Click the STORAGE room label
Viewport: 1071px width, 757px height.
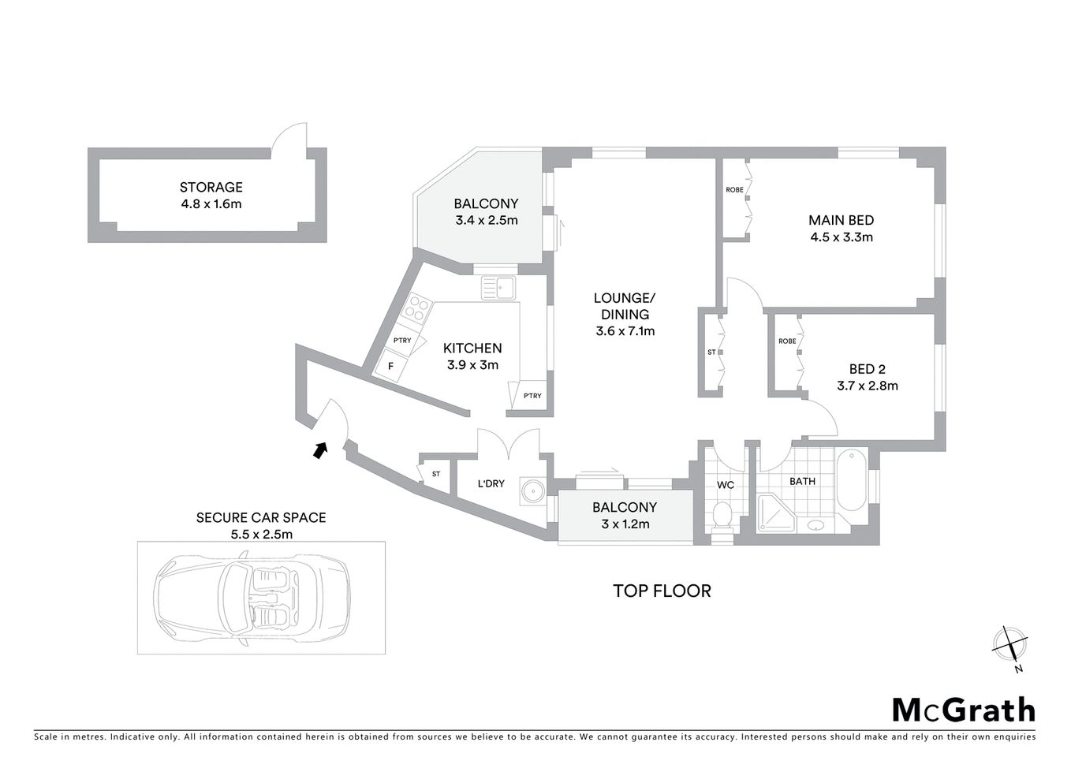(211, 188)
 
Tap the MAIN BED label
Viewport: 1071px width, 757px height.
(841, 221)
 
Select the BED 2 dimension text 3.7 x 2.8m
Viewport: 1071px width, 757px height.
(868, 386)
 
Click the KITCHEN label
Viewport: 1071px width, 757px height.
(472, 349)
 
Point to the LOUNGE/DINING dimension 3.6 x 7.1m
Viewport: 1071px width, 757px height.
(625, 331)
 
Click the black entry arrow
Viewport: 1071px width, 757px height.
(319, 449)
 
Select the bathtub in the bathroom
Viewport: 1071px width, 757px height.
(852, 481)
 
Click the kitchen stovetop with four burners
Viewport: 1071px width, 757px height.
(418, 308)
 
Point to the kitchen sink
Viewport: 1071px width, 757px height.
(498, 288)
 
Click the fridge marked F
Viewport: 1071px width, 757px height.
(390, 366)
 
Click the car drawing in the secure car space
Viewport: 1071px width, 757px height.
(252, 597)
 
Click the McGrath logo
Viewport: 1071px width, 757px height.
(963, 710)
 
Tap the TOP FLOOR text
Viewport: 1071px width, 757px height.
(662, 591)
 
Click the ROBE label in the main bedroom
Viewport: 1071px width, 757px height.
(734, 190)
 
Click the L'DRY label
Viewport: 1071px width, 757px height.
(491, 483)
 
